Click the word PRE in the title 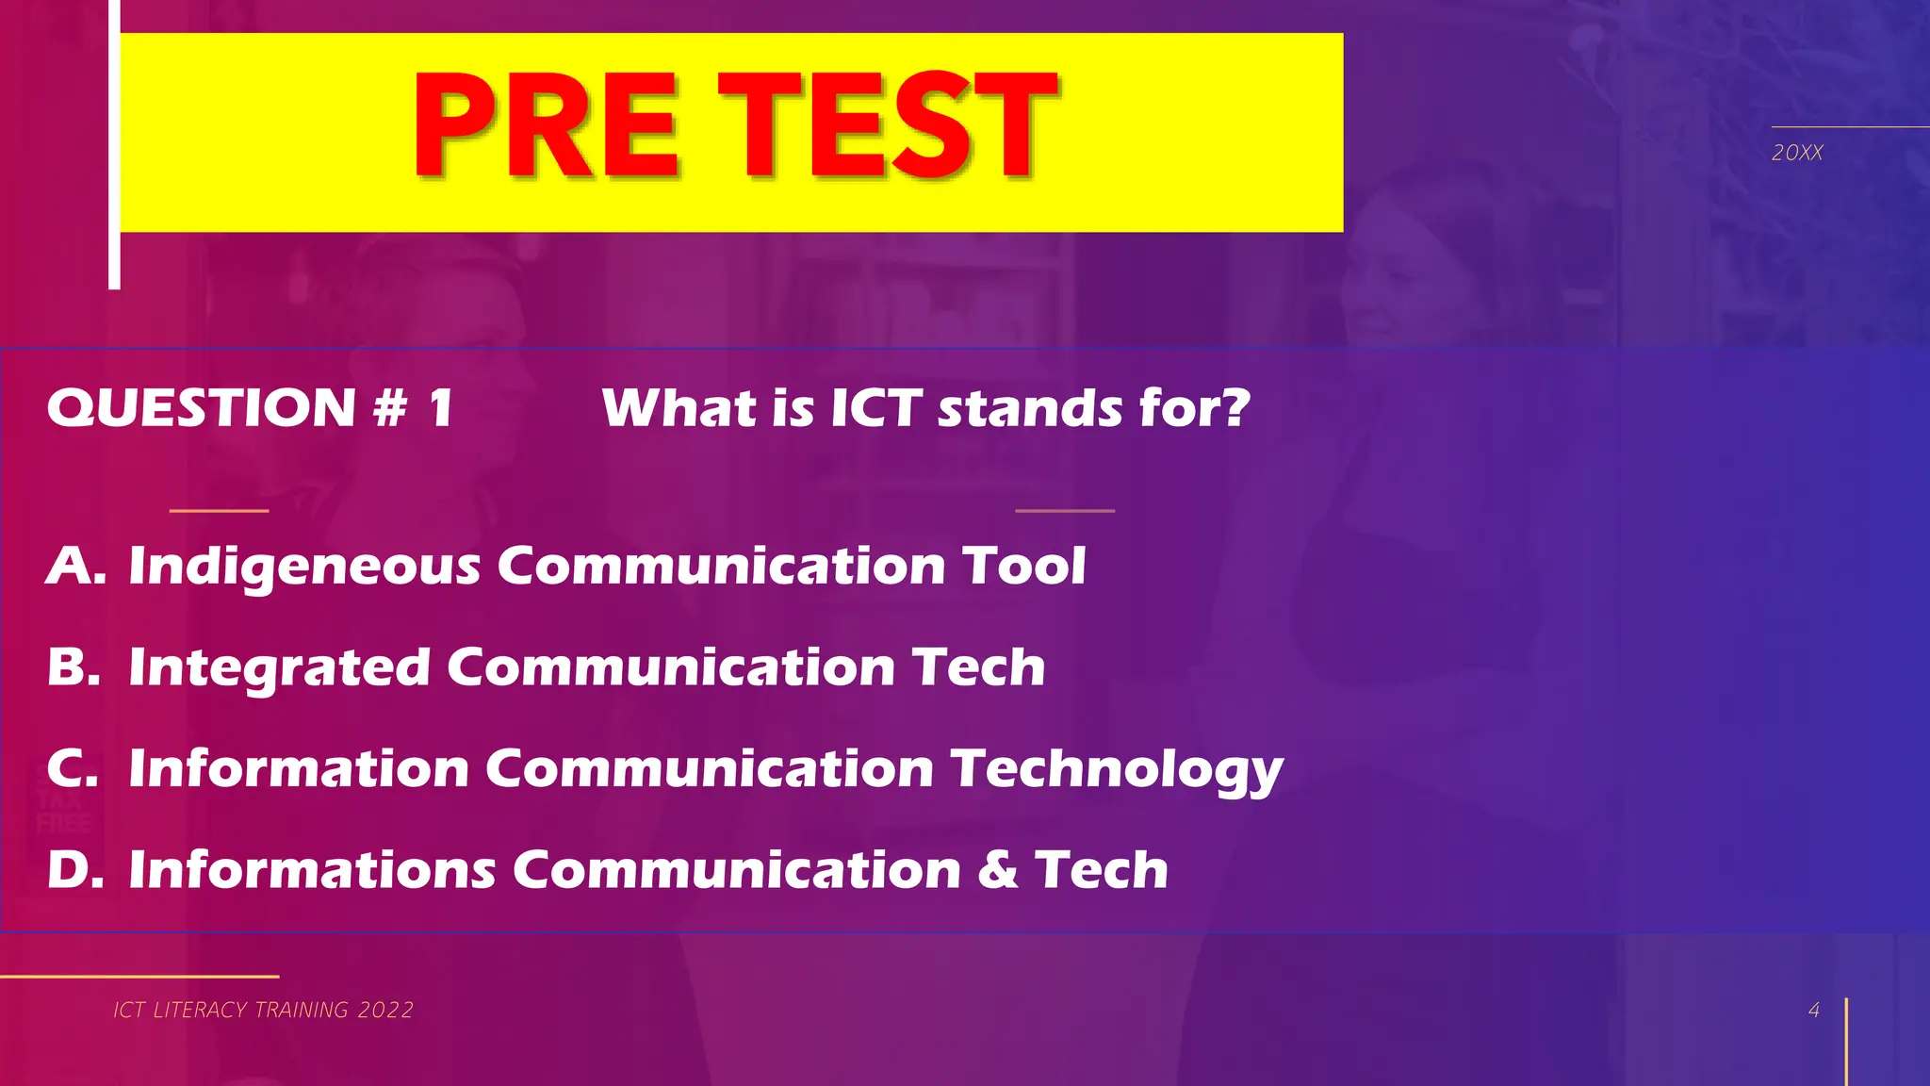tap(545, 126)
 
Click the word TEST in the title tap(887, 126)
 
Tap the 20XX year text tap(1796, 153)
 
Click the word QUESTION tap(201, 408)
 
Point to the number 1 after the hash tap(440, 408)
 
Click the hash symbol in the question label tap(389, 408)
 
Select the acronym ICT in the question tap(875, 408)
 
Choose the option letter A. tap(75, 566)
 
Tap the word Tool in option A tap(1023, 566)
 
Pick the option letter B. tap(74, 667)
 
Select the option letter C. tap(73, 768)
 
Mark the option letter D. tap(74, 869)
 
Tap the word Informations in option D tap(312, 869)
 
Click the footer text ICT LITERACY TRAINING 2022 tap(263, 1010)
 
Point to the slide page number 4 tap(1813, 1010)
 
